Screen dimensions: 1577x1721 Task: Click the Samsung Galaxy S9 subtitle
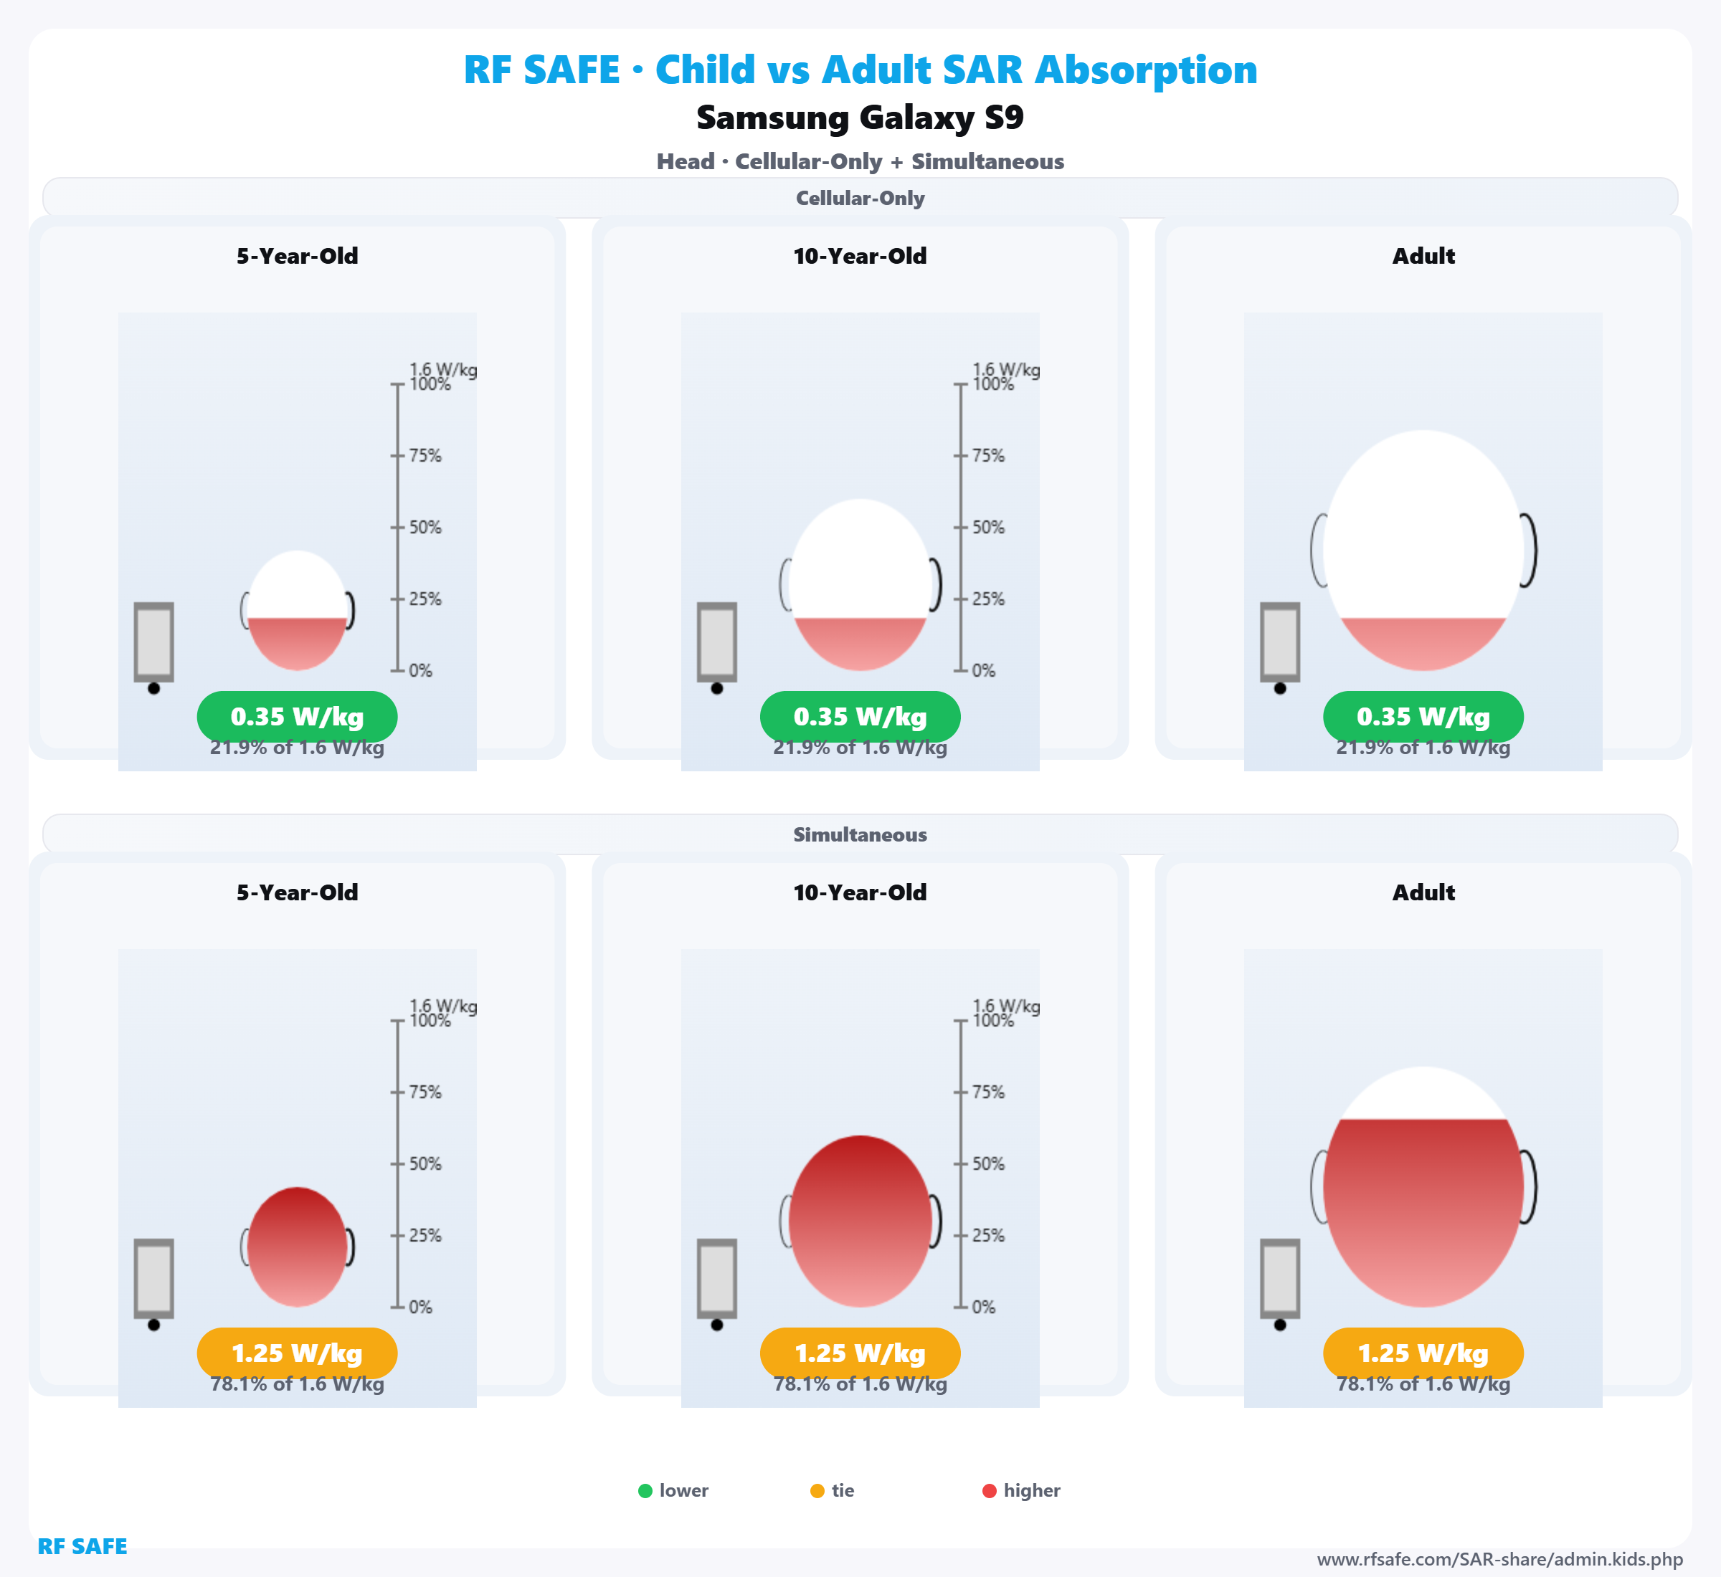(x=860, y=118)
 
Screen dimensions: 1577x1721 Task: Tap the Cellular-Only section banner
(x=860, y=198)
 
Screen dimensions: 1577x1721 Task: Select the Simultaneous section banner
(x=860, y=834)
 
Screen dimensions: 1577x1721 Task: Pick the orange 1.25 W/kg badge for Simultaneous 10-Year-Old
(x=860, y=1353)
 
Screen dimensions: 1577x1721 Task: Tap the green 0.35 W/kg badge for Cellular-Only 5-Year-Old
(x=297, y=717)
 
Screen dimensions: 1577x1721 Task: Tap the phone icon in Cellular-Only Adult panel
(x=1280, y=642)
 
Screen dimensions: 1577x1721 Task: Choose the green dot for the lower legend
(x=645, y=1491)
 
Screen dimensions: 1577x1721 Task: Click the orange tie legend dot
(x=817, y=1491)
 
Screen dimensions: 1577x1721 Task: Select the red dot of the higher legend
(x=990, y=1491)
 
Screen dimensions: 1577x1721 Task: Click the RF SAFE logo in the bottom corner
(x=82, y=1546)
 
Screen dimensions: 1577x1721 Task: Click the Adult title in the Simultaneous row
(x=1423, y=892)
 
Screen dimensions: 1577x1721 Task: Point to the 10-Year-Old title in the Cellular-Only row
(x=860, y=256)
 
